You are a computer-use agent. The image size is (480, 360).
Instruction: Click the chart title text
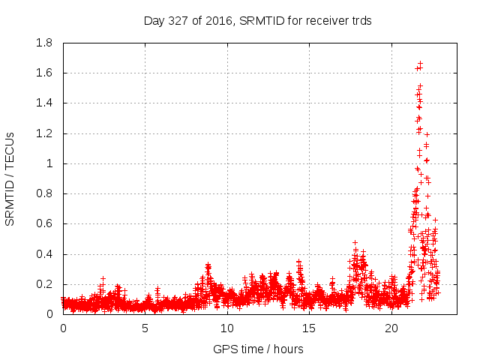pyautogui.click(x=257, y=21)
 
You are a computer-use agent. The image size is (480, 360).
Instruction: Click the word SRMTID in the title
pyautogui.click(x=264, y=21)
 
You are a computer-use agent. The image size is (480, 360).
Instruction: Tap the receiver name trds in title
pyautogui.click(x=360, y=21)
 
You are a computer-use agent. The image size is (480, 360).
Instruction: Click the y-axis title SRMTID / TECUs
pyautogui.click(x=10, y=178)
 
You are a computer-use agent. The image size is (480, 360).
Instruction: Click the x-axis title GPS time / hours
pyautogui.click(x=257, y=349)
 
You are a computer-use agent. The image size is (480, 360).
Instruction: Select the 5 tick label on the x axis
pyautogui.click(x=145, y=328)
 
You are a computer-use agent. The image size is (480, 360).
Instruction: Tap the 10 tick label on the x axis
pyautogui.click(x=227, y=328)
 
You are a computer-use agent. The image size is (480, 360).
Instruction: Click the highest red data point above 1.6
pyautogui.click(x=421, y=64)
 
